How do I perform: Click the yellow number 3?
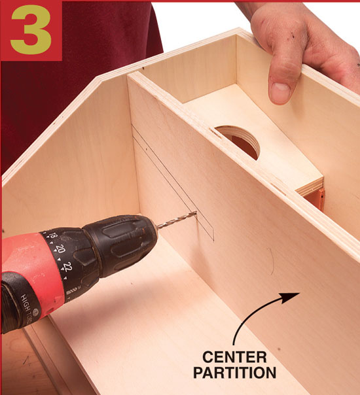31,29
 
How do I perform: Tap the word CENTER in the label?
234,357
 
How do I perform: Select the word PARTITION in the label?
235,373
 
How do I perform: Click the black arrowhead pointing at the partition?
290,298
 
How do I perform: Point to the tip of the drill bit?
196,213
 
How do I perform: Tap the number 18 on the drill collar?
52,235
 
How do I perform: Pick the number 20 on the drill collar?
61,249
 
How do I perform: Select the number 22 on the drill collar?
68,267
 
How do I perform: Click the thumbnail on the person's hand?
280,92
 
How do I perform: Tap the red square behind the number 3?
31,30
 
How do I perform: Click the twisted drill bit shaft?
177,220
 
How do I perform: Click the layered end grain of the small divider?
310,186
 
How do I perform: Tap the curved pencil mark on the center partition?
272,261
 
